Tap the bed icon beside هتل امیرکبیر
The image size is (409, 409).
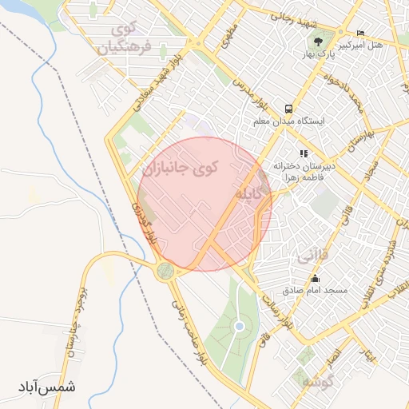[x=361, y=33]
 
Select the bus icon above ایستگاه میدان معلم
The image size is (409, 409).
[x=288, y=109]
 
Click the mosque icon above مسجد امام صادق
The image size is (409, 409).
[x=316, y=279]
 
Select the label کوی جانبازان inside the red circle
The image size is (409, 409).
[x=183, y=169]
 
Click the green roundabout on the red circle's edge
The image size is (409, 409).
[x=166, y=271]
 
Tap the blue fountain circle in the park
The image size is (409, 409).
[x=239, y=326]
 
